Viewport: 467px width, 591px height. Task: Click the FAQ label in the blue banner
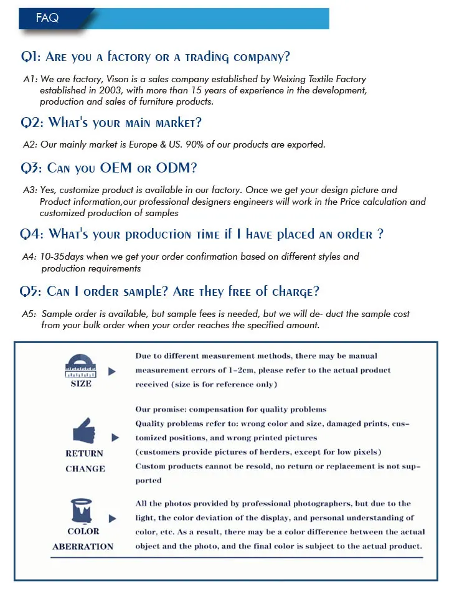(x=47, y=18)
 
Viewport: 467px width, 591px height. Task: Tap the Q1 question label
(x=31, y=57)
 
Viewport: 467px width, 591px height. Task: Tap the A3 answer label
(x=30, y=190)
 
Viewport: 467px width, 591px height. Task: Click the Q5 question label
(x=31, y=291)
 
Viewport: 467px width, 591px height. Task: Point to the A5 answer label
(x=30, y=314)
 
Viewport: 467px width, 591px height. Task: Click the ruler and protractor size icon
(x=80, y=366)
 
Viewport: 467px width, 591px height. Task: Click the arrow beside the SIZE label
(x=112, y=371)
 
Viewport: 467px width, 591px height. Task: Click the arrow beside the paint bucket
(x=112, y=518)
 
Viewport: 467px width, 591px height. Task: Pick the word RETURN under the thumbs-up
(x=84, y=453)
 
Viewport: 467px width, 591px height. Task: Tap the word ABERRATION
(x=83, y=547)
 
